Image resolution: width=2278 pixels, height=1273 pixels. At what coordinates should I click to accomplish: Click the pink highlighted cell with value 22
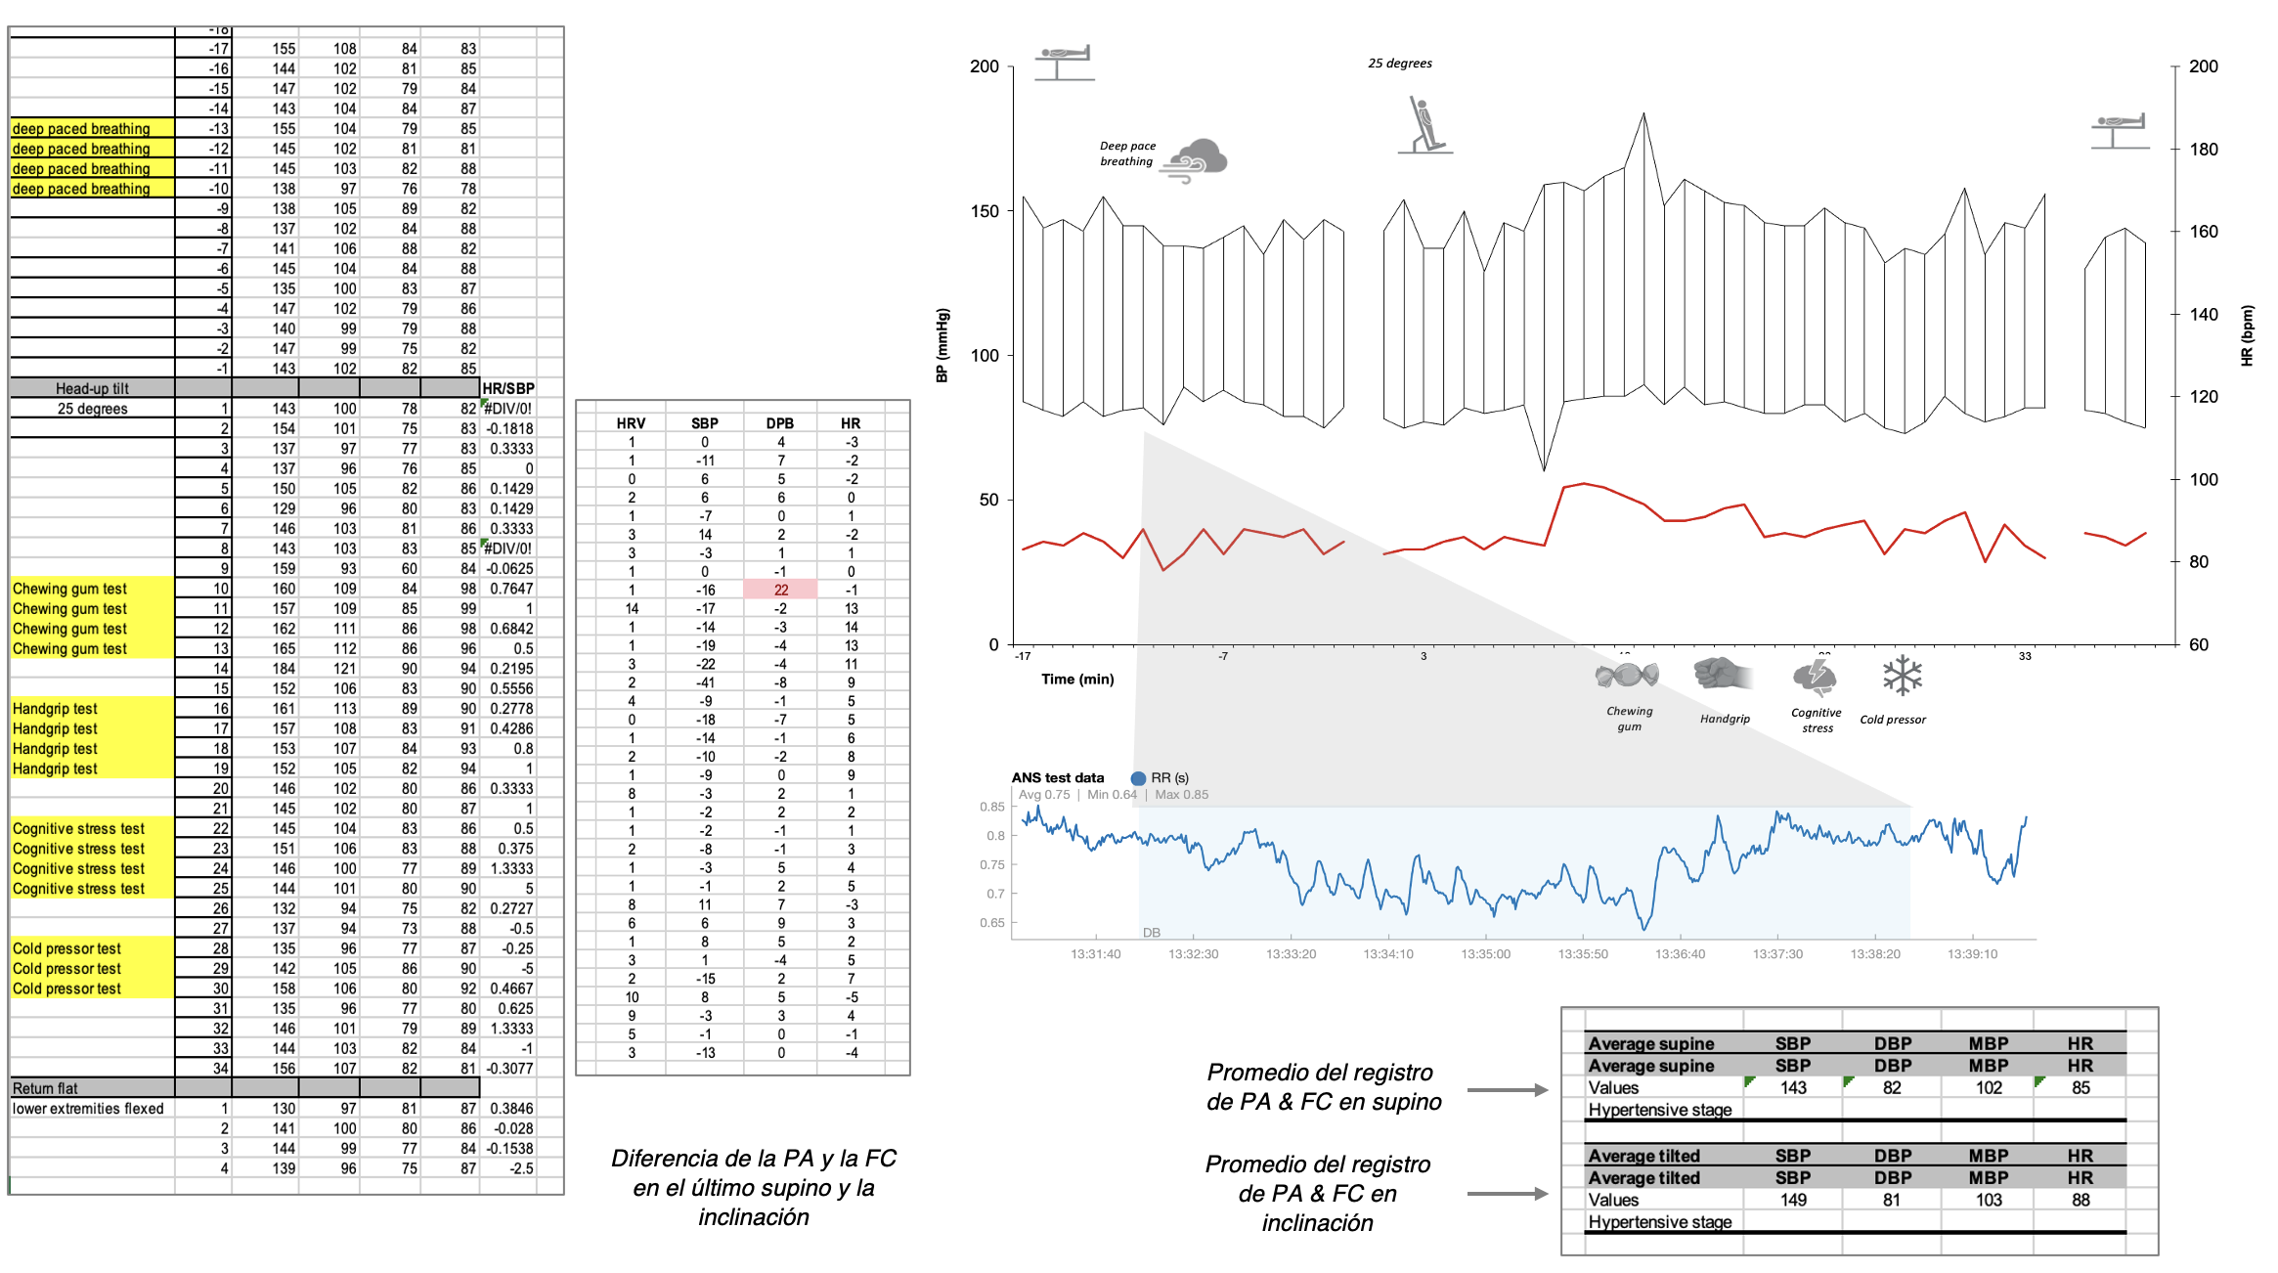tap(780, 590)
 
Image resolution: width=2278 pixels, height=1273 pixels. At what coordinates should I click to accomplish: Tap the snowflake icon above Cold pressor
tap(1902, 675)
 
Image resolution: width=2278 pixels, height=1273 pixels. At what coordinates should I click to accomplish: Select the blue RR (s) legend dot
tap(1138, 778)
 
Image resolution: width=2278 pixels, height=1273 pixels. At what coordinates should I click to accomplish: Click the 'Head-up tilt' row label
tap(92, 388)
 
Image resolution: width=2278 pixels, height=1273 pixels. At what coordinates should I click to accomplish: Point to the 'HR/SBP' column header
tap(508, 388)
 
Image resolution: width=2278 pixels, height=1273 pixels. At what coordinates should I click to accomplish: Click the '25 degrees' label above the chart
tap(1399, 64)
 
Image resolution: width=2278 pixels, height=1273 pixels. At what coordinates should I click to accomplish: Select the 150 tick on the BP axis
tap(985, 211)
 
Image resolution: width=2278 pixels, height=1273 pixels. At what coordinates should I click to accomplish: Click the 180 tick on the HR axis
tap(2204, 150)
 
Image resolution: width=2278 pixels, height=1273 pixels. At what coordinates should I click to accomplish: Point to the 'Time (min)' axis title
tap(1077, 679)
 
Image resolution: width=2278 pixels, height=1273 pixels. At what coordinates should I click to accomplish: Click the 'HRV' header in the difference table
tap(631, 423)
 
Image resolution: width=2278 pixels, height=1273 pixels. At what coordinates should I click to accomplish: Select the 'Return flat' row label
tap(45, 1088)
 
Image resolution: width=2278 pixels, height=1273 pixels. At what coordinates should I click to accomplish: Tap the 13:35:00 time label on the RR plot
tap(1485, 953)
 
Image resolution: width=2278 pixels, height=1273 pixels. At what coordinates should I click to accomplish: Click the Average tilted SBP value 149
tap(1793, 1200)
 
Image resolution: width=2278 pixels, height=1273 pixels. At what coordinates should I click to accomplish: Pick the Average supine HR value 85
tap(2081, 1087)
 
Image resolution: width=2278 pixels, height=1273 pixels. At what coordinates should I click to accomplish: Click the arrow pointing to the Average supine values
tap(1507, 1090)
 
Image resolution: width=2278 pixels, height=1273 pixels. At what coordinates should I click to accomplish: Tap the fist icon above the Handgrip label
tap(1722, 674)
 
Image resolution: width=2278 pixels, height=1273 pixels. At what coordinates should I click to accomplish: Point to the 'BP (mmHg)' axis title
tap(942, 345)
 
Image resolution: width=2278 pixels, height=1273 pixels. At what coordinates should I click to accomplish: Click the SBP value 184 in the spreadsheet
tap(284, 669)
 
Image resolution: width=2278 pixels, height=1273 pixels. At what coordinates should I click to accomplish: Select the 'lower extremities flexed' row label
tap(88, 1109)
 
